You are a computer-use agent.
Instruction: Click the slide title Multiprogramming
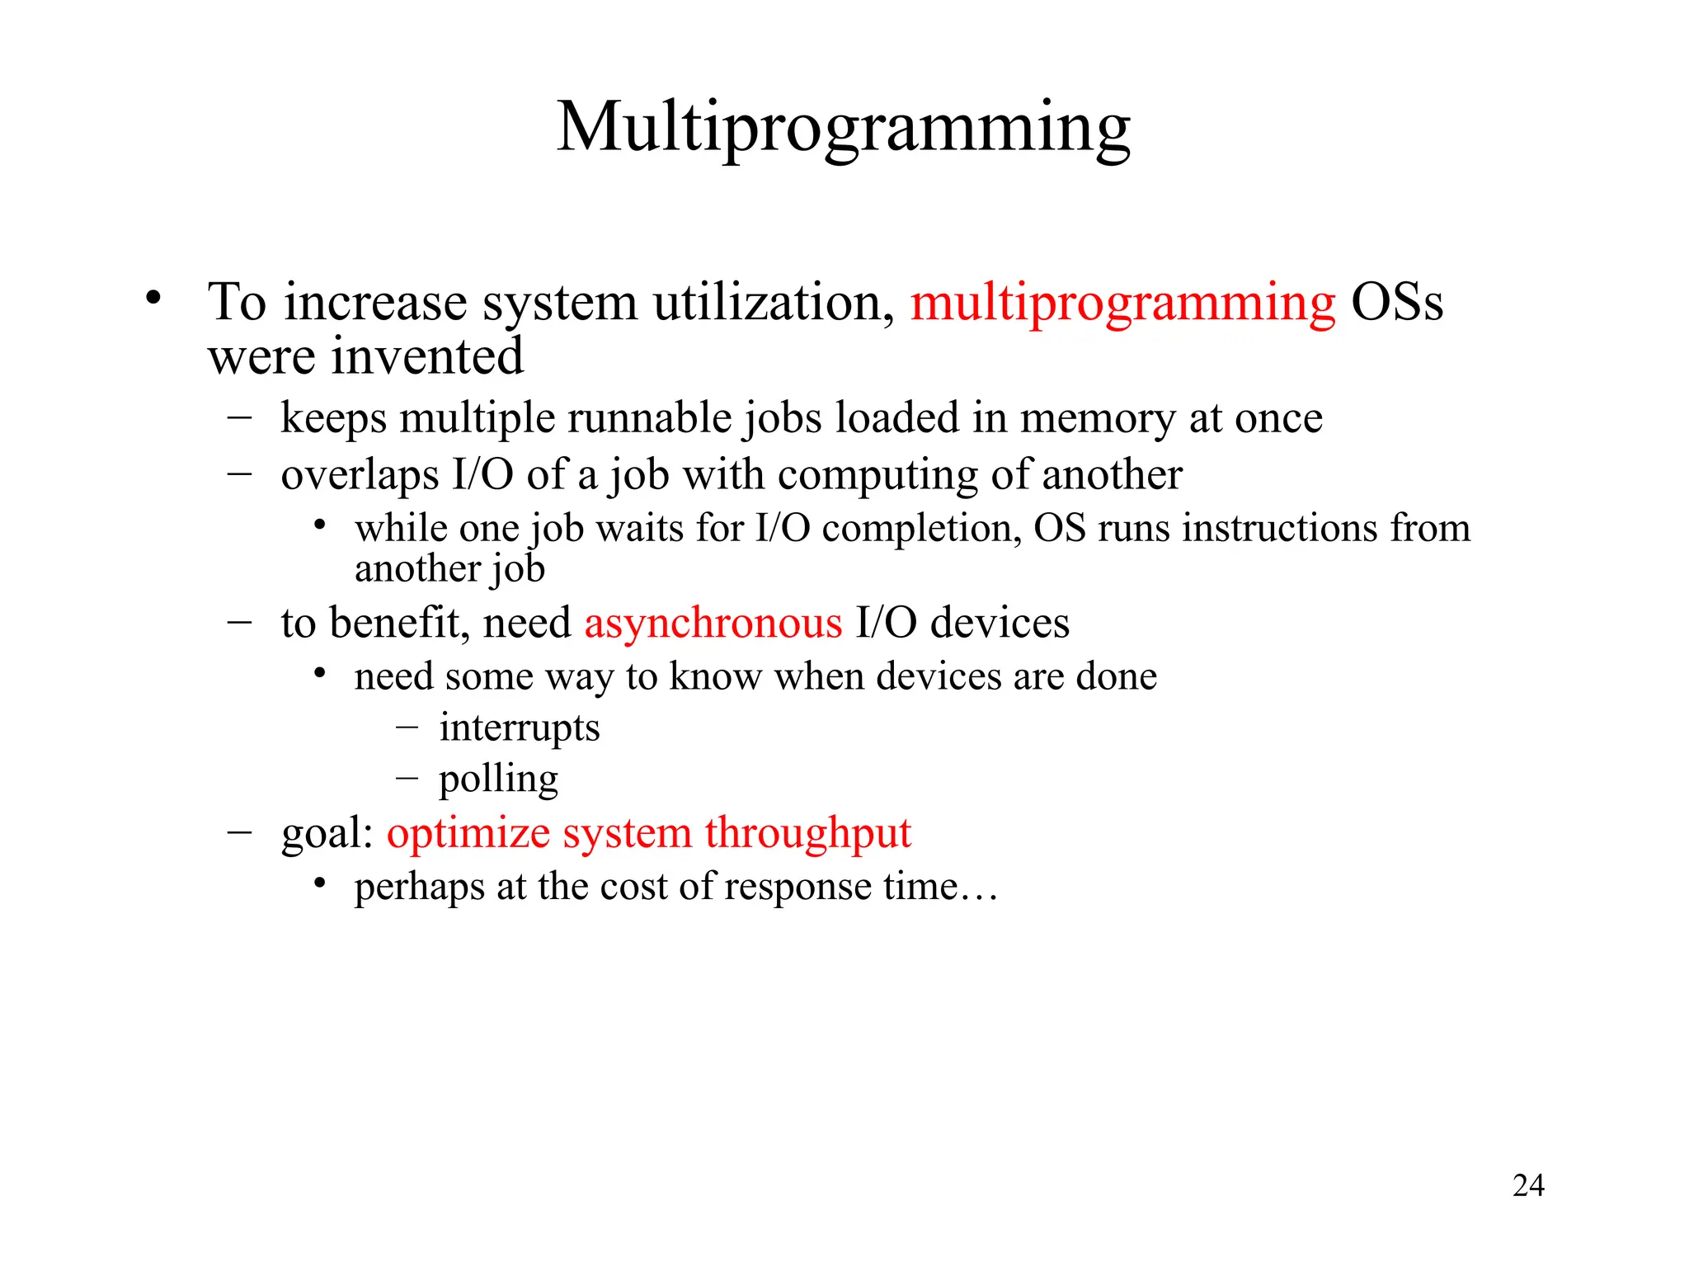tap(844, 128)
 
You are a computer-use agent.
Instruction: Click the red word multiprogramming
tap(1122, 303)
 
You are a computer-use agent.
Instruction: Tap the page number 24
tap(1528, 1185)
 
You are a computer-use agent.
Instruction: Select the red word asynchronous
tap(713, 623)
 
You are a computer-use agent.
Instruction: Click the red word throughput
tap(808, 833)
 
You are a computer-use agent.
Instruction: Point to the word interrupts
tap(520, 728)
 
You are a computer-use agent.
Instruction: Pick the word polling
tap(498, 780)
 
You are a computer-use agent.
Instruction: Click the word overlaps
tap(360, 476)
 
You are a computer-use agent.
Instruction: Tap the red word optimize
tap(468, 833)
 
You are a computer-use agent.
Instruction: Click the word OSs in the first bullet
tap(1397, 303)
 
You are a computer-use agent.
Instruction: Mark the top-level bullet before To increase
tap(153, 298)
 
